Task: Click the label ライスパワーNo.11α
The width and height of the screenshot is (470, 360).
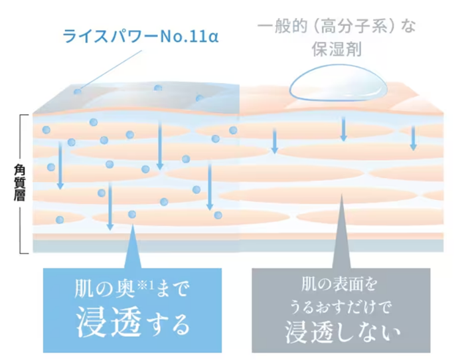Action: pyautogui.click(x=140, y=35)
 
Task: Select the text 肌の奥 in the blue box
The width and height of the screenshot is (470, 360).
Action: pyautogui.click(x=101, y=290)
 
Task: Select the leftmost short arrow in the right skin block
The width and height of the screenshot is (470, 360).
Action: pyautogui.click(x=274, y=139)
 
